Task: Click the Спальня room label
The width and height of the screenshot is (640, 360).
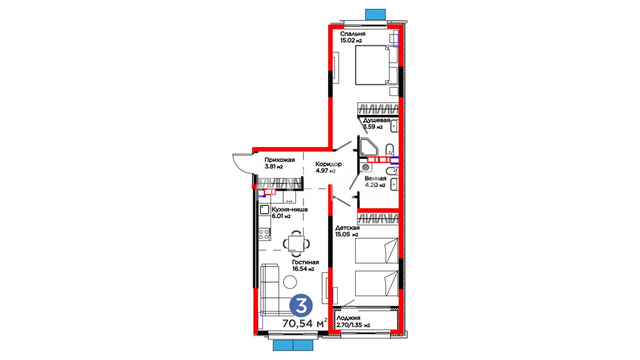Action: (x=353, y=34)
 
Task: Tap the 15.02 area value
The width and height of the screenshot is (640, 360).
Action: (x=348, y=41)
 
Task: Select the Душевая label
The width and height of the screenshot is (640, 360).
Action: (x=376, y=120)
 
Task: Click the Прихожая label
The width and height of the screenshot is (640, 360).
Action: (x=280, y=160)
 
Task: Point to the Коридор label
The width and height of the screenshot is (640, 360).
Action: (x=328, y=164)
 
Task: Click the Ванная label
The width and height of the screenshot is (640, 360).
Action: (x=375, y=179)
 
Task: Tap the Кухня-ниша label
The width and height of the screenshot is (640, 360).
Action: (x=290, y=210)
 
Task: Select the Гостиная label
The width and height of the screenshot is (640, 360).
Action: (x=305, y=262)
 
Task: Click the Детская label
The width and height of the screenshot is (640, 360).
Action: (x=347, y=228)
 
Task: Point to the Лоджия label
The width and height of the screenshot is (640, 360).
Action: (x=348, y=318)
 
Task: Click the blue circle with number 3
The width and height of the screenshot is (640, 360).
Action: (x=301, y=306)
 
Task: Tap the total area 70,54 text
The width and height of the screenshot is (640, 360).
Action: (x=298, y=323)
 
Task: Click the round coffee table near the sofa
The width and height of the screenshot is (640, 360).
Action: (x=290, y=282)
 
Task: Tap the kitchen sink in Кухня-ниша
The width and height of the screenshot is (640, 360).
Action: (x=264, y=210)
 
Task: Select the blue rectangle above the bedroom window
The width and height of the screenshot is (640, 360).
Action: (x=375, y=14)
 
